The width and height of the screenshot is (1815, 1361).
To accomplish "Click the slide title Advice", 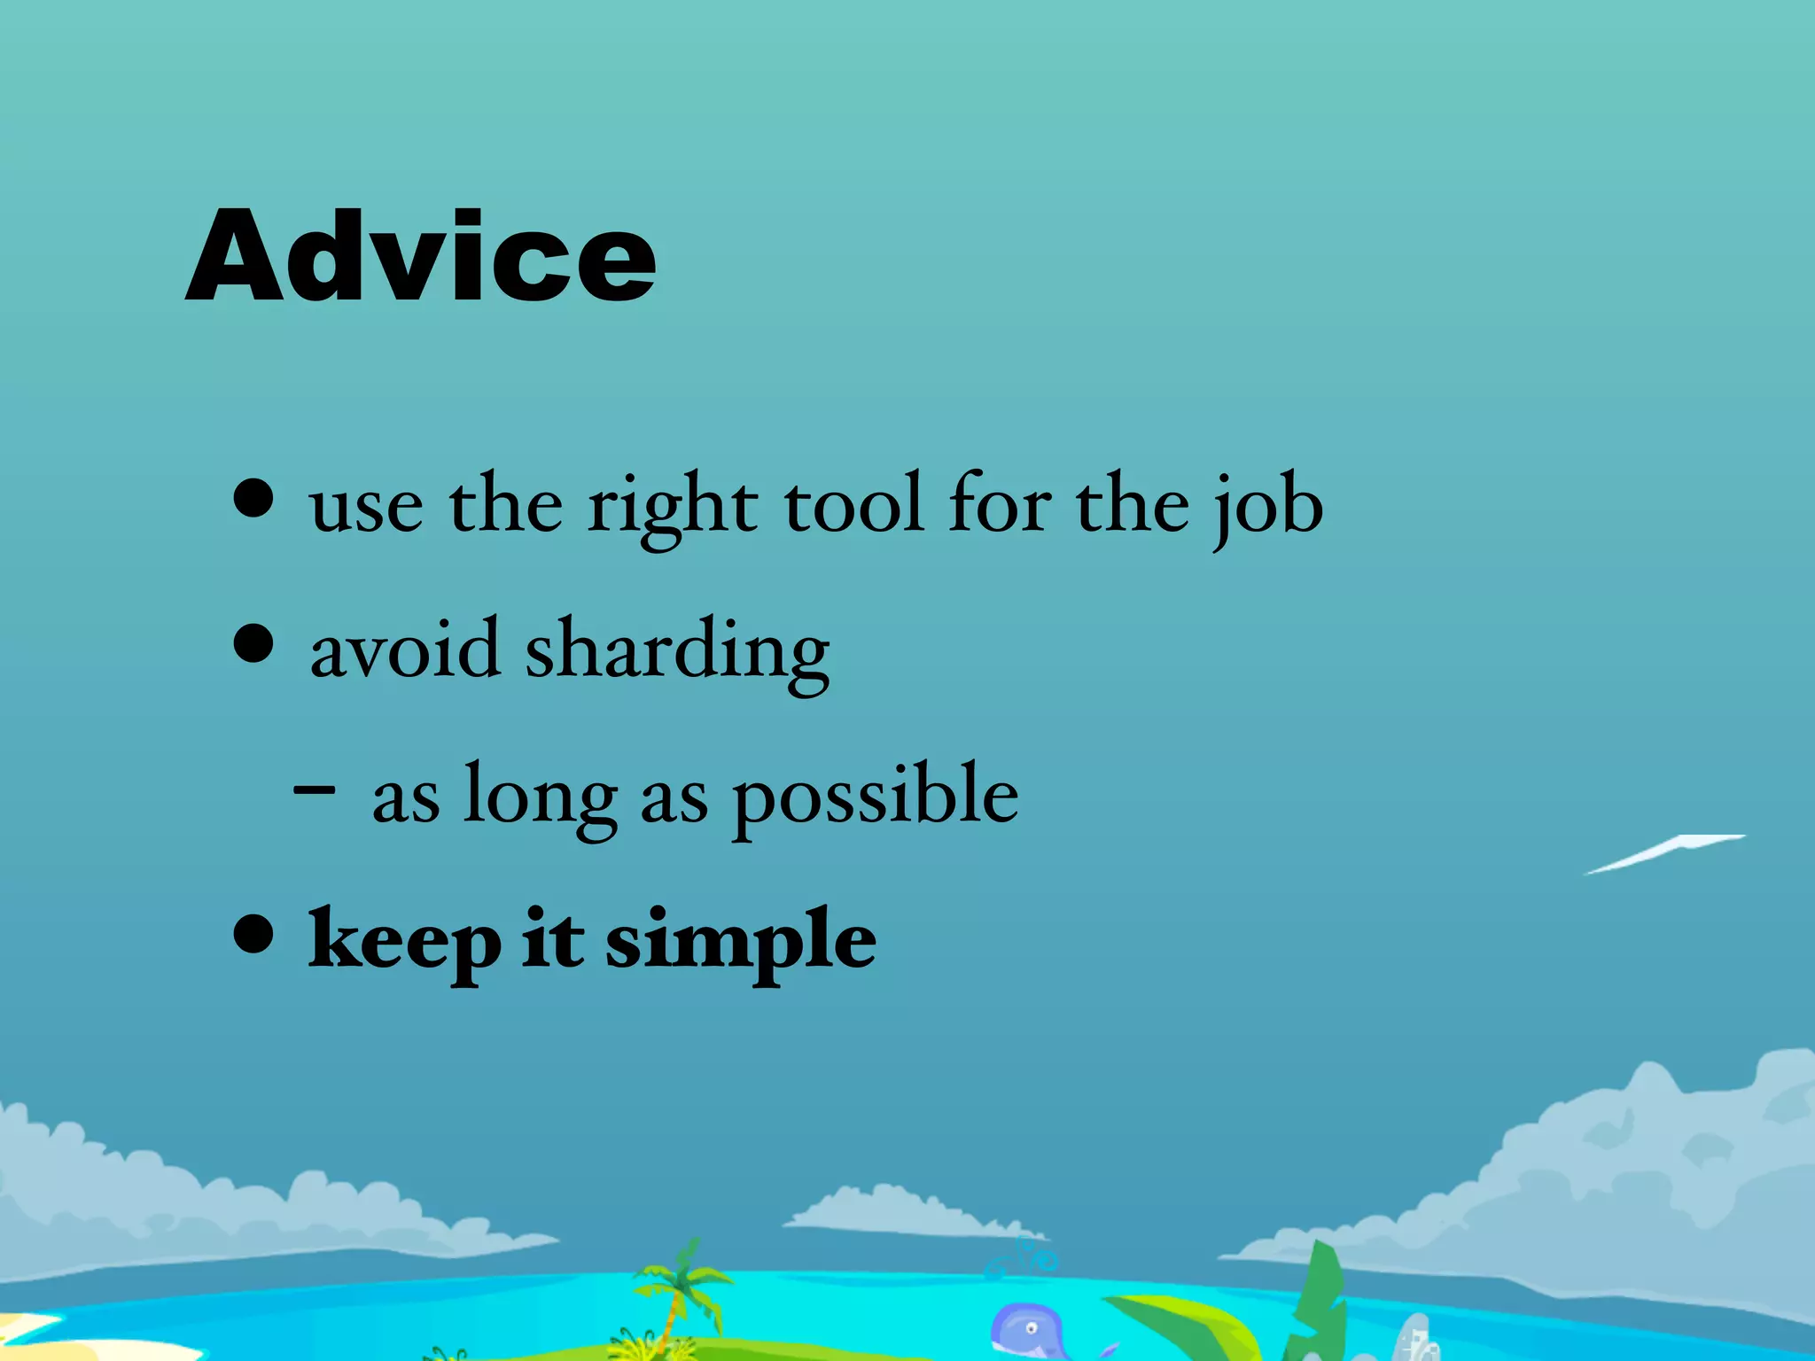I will (421, 257).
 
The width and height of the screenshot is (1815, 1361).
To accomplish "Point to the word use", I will (366, 509).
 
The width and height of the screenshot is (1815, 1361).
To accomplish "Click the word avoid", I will (404, 651).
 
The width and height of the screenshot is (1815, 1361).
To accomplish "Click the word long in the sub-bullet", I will (541, 797).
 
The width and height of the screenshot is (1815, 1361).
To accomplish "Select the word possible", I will (875, 797).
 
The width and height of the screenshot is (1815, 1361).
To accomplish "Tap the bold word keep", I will (404, 941).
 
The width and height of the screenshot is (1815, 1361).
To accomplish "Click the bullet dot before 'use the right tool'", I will (254, 499).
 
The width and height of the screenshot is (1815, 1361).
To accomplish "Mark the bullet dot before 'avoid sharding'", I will (254, 643).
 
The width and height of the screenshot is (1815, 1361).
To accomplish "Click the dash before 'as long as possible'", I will (315, 787).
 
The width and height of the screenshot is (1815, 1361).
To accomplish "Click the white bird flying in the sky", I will (1666, 852).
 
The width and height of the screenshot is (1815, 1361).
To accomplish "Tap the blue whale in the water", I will (1028, 1329).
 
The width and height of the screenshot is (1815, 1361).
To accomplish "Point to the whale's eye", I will (1031, 1327).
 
